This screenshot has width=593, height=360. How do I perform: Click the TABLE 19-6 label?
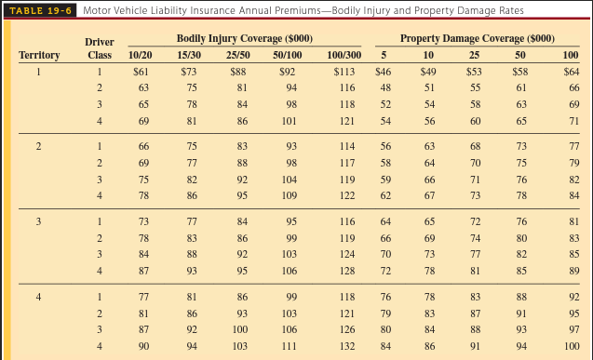(x=40, y=10)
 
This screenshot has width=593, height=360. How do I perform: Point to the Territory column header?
(x=39, y=55)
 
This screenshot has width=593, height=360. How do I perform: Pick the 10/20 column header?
(x=141, y=55)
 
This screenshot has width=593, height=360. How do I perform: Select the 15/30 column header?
(x=190, y=55)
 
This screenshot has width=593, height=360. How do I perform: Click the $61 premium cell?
(x=142, y=71)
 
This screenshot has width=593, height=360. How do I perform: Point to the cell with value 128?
(x=346, y=271)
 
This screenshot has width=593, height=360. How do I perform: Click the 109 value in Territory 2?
(x=290, y=195)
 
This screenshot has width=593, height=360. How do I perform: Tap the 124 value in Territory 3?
(x=346, y=254)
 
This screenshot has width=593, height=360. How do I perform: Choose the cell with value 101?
(x=290, y=121)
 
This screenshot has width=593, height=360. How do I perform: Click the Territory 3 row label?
(x=38, y=221)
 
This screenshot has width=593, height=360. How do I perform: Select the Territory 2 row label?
(x=38, y=146)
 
